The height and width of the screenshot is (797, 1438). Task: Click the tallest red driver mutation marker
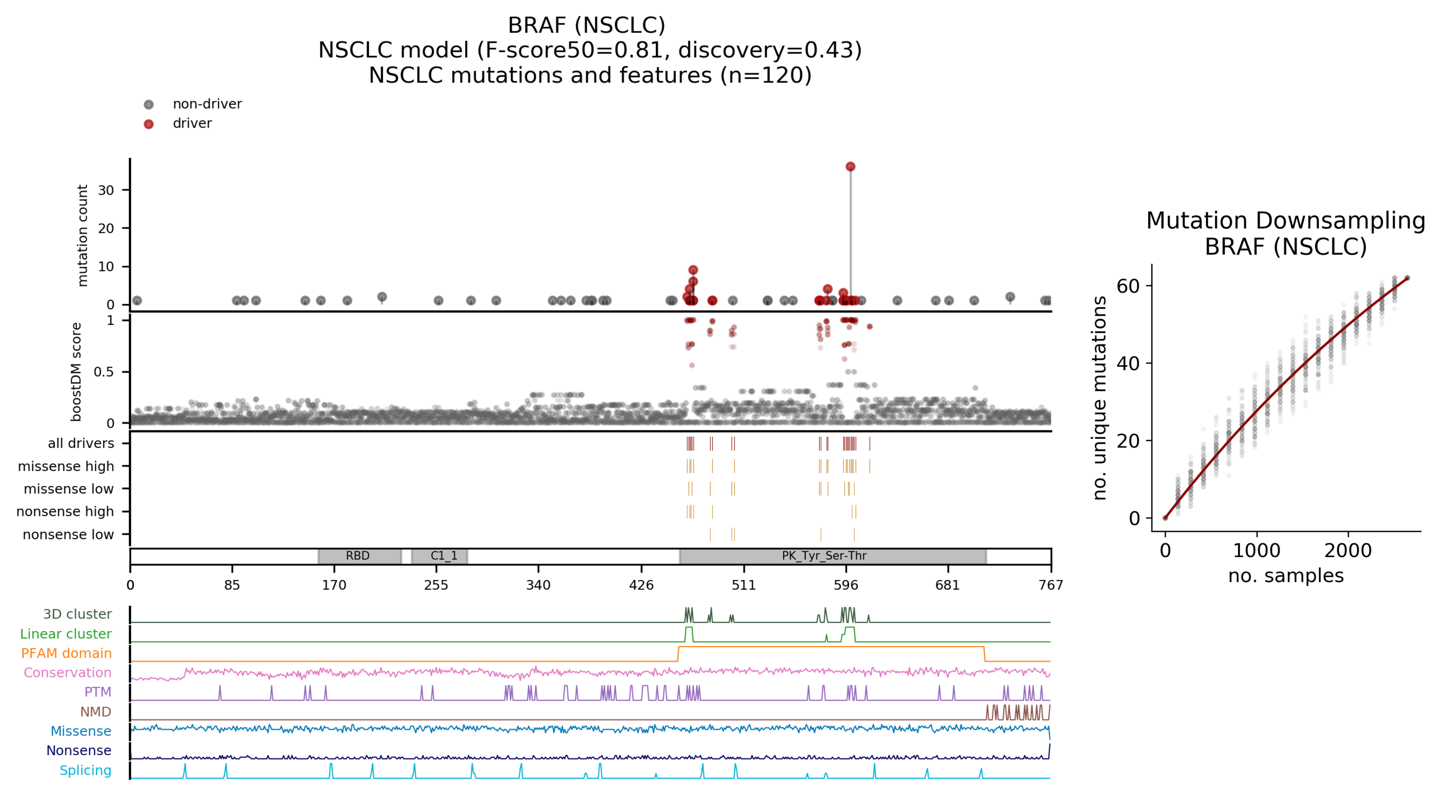pos(850,166)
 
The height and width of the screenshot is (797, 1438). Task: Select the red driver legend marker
pos(148,124)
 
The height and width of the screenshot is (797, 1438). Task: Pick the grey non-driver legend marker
pos(148,104)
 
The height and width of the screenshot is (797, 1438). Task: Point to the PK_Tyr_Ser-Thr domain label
pos(824,556)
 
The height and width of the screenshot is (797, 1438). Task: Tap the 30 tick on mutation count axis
pos(106,190)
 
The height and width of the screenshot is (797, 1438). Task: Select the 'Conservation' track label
pos(68,673)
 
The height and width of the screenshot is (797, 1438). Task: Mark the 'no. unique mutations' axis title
pos(1099,397)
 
